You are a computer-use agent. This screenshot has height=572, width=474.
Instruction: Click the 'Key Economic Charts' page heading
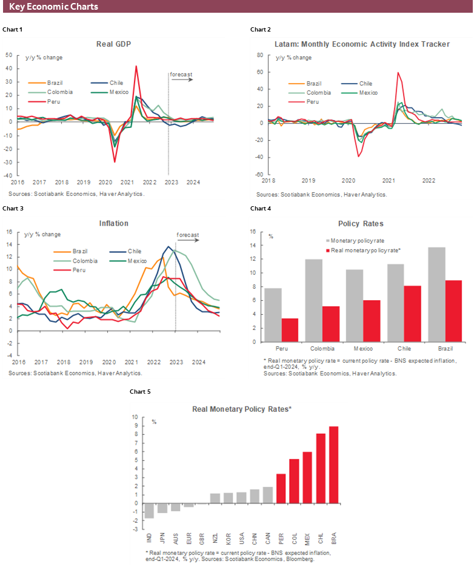(x=53, y=7)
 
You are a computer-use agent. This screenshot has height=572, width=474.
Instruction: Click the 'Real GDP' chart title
(x=114, y=44)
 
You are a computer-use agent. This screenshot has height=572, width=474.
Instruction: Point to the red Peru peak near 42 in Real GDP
(x=136, y=66)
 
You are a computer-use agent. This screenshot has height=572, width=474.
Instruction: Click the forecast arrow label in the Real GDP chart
(x=181, y=75)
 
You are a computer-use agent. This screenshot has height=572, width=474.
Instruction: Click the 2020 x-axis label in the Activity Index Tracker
(x=349, y=180)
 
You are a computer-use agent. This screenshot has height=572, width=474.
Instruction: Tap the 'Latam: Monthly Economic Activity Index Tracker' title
(x=362, y=44)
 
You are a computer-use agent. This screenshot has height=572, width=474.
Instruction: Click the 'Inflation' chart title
(x=114, y=223)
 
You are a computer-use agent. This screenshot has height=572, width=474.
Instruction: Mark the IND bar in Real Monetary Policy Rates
(x=149, y=510)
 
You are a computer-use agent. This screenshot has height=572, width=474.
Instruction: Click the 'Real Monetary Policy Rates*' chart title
(x=242, y=409)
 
